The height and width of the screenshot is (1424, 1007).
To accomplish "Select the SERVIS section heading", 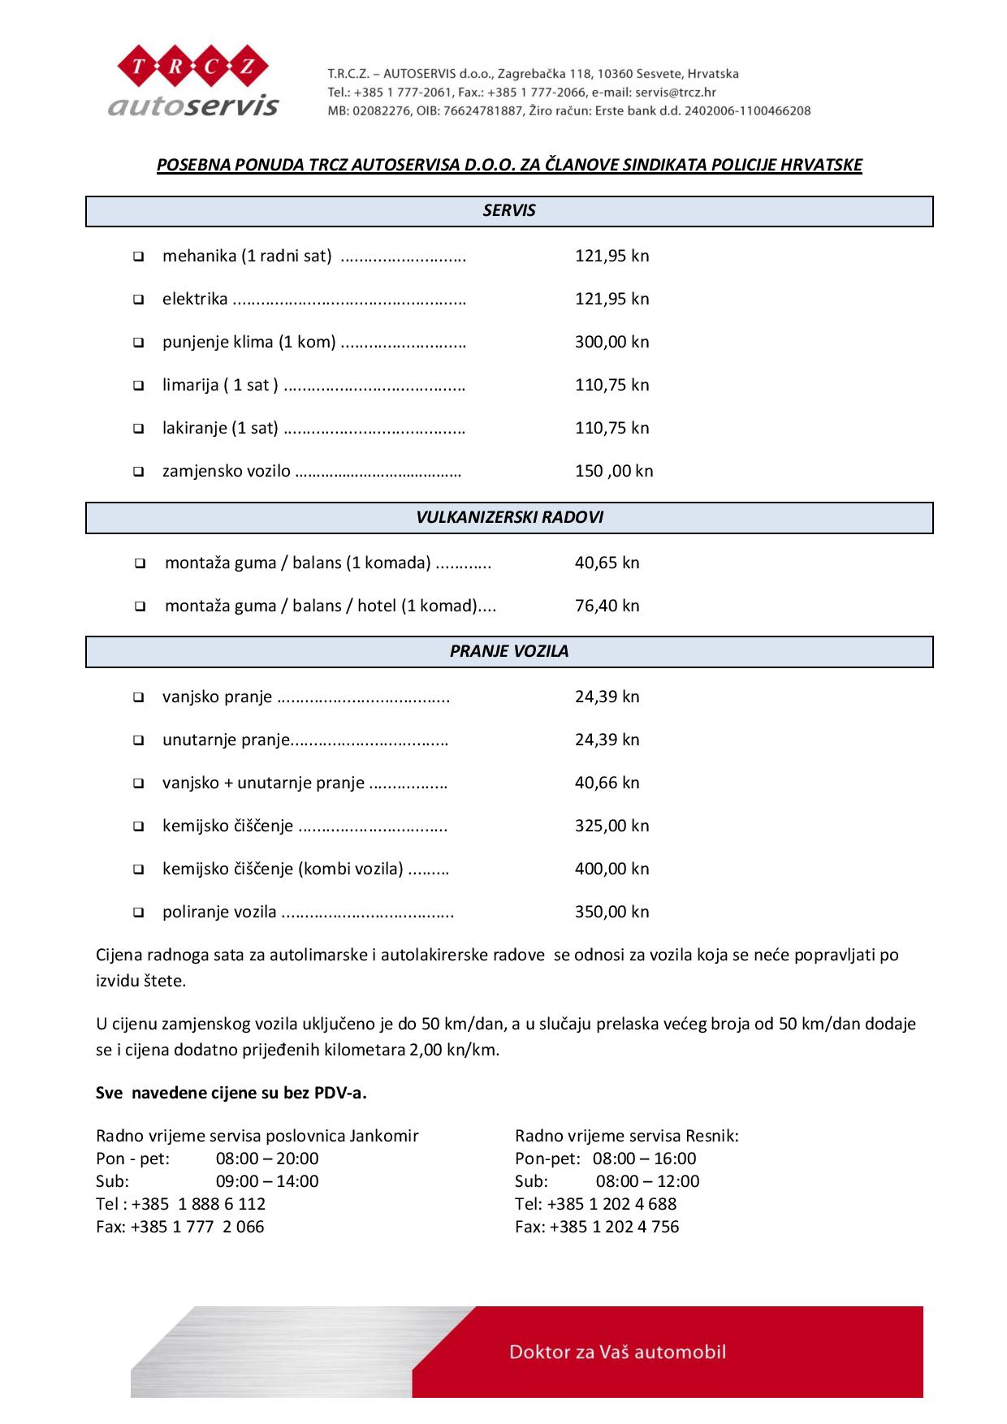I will pyautogui.click(x=509, y=210).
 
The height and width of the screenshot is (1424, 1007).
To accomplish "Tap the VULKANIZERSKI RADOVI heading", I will pyautogui.click(x=509, y=517).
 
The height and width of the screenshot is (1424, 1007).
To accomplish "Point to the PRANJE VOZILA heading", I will pyautogui.click(x=509, y=651).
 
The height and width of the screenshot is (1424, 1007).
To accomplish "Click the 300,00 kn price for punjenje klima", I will pyautogui.click(x=612, y=342).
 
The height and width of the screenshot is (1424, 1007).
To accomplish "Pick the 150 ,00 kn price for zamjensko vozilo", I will pyautogui.click(x=613, y=471).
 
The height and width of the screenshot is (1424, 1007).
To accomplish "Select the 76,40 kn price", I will pyautogui.click(x=607, y=606).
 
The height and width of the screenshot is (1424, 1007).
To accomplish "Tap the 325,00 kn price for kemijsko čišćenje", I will pyautogui.click(x=612, y=826).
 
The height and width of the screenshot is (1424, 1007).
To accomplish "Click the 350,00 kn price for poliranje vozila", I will pyautogui.click(x=612, y=912).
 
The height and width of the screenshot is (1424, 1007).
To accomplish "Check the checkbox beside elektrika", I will pyautogui.click(x=139, y=300).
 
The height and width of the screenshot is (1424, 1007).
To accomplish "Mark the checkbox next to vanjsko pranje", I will pyautogui.click(x=139, y=697).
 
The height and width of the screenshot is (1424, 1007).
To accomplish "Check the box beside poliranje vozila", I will pyautogui.click(x=139, y=913).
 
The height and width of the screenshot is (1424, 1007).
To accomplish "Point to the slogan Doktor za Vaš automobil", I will pyautogui.click(x=617, y=1352).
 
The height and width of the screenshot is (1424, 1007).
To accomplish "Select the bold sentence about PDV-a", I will pyautogui.click(x=231, y=1093).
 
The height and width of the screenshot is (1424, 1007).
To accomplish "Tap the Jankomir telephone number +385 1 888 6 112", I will pyautogui.click(x=198, y=1204).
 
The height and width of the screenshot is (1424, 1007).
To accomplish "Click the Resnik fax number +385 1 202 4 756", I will pyautogui.click(x=614, y=1227).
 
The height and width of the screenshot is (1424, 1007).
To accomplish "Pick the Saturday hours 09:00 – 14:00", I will pyautogui.click(x=267, y=1181).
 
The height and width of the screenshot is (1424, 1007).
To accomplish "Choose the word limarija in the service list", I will pyautogui.click(x=190, y=385).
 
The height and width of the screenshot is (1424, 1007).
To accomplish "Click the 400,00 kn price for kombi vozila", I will pyautogui.click(x=612, y=869).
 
